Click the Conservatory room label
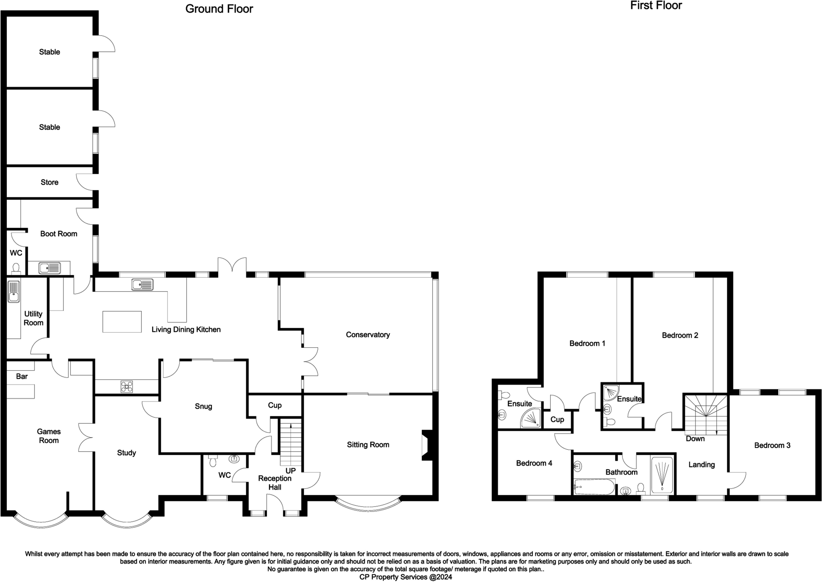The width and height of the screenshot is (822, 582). pos(368,335)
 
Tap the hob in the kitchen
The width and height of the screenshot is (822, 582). pos(127,387)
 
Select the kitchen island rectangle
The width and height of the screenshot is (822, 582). pos(122,322)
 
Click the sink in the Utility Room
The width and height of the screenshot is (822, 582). pos(14,291)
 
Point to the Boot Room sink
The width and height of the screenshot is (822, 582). pos(50,268)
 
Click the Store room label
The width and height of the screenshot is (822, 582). pos(49,182)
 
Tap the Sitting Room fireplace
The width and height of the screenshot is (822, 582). pos(426,445)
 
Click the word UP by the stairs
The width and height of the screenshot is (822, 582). pos(290,470)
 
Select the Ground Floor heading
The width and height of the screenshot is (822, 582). pos(219,9)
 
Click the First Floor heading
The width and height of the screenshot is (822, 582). pos(656,6)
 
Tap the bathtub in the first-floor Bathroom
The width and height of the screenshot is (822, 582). pos(594,487)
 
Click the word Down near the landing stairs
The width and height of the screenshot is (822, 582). pos(695,438)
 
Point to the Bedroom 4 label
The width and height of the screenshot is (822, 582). pos(534,463)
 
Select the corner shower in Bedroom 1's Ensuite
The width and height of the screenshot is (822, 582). pos(531,418)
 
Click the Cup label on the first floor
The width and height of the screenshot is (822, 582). pos(557,419)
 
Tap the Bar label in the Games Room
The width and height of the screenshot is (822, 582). pos(22,376)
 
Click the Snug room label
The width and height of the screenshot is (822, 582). pos(203,406)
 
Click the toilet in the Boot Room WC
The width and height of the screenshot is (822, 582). pos(16,268)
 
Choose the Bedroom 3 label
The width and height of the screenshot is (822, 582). pos(772,445)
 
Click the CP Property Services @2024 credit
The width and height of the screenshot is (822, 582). pos(405,577)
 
